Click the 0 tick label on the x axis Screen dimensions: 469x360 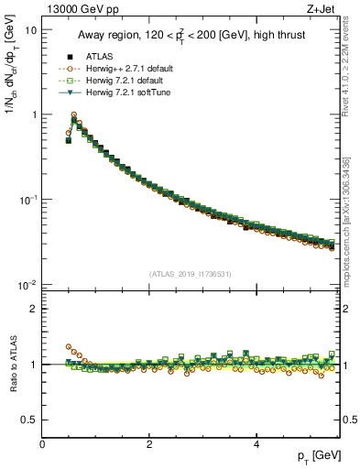pyautogui.click(x=42, y=444)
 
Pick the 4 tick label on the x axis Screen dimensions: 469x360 pyautogui.click(x=256, y=444)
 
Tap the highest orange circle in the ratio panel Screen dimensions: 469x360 pyautogui.click(x=69, y=347)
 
